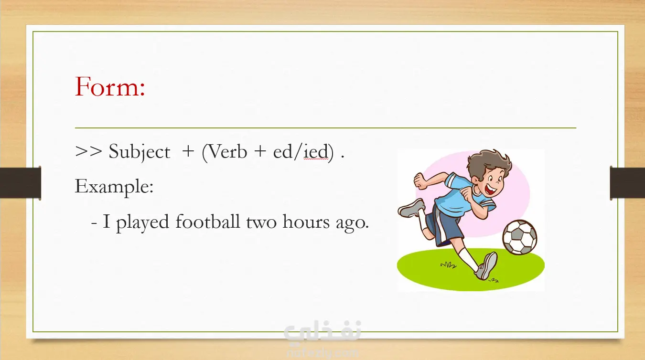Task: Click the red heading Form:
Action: pos(110,86)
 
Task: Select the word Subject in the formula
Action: pos(140,152)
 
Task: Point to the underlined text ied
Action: pos(316,151)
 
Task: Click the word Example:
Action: pos(114,187)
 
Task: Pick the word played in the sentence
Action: pos(142,222)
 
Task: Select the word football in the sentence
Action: pos(208,221)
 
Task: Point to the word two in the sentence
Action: pos(261,222)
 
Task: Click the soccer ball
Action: pos(520,237)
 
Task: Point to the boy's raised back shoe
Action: pos(411,208)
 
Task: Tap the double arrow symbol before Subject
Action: pos(88,151)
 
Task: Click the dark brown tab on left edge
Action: pos(21,183)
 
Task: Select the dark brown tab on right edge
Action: pos(627,183)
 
